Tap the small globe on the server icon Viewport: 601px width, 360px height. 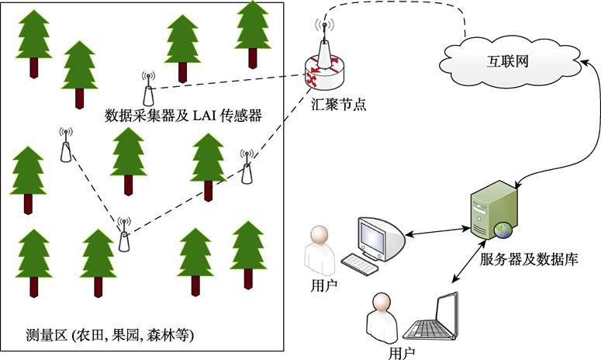506,230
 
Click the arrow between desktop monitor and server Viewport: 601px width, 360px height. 439,230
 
